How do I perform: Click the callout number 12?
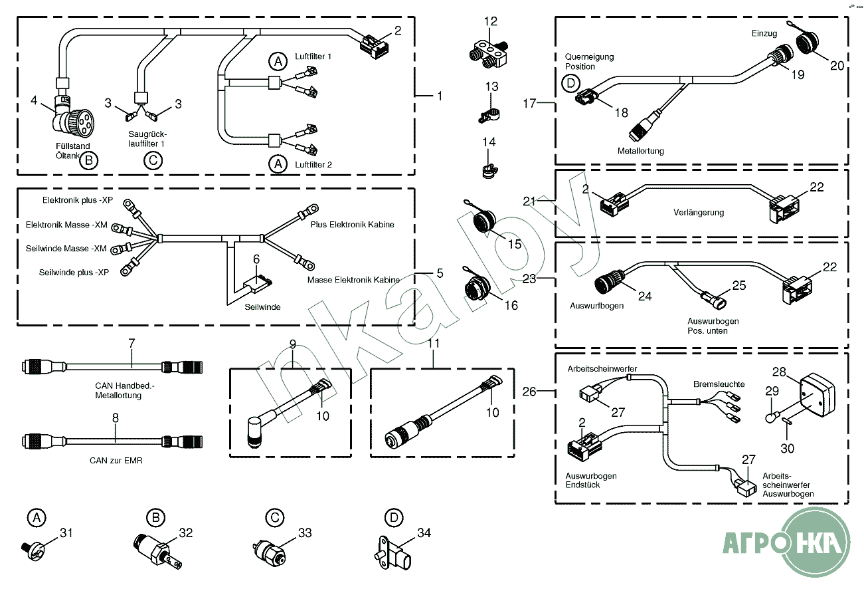click(x=490, y=21)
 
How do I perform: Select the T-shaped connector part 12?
click(x=491, y=54)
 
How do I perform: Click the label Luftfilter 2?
click(x=313, y=164)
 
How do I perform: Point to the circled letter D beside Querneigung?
click(x=570, y=84)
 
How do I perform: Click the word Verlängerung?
click(x=698, y=213)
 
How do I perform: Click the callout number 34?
click(x=424, y=532)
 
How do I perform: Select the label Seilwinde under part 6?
click(x=262, y=307)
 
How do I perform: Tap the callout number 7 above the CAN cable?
click(x=131, y=343)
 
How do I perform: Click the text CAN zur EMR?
click(x=116, y=460)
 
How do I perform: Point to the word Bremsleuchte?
click(x=719, y=384)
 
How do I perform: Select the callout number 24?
click(x=645, y=296)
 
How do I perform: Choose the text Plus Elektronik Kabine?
click(x=352, y=225)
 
